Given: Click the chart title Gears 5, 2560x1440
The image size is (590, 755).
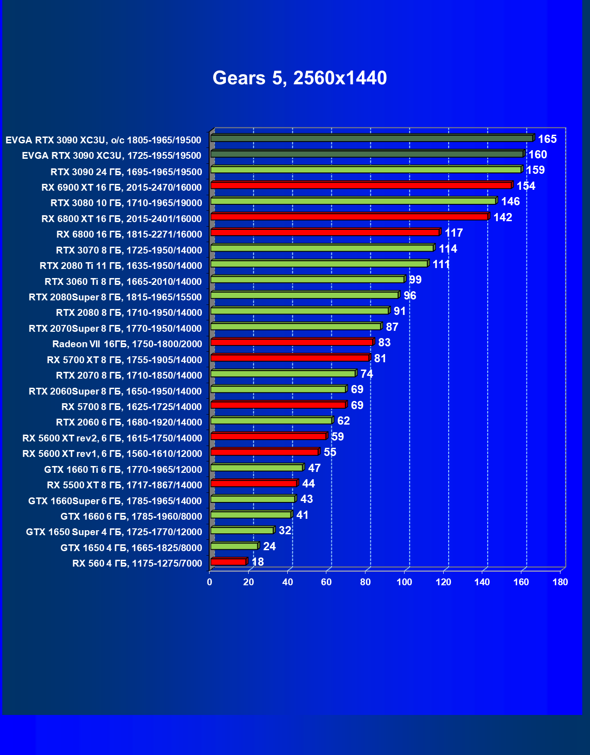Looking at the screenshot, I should point(300,78).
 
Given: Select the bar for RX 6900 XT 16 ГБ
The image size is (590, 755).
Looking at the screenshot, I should point(361,185).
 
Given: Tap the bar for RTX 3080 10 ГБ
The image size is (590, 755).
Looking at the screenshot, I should point(353,201).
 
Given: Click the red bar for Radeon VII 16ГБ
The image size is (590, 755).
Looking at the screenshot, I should point(291,342).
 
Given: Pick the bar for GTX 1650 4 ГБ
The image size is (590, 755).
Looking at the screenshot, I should point(234,546).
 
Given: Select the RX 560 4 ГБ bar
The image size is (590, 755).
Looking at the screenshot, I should point(228,562).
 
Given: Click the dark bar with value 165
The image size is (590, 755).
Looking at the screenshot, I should point(371,138).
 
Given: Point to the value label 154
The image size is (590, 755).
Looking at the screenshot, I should point(526,186).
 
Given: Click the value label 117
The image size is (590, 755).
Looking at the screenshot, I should point(454,233).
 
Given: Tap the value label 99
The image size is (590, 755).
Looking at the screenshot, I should point(415,280).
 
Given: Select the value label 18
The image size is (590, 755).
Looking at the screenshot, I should point(258,562).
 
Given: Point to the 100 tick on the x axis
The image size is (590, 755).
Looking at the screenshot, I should point(404,582).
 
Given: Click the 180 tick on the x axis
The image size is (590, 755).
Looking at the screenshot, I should point(560,582).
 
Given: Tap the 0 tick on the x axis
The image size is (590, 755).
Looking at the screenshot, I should point(210,582).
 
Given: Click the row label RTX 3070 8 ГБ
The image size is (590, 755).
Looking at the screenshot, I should point(129,250).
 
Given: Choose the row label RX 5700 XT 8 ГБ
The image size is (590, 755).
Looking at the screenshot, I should point(125,360).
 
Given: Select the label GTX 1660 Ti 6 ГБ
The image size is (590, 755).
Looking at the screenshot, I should point(123,470).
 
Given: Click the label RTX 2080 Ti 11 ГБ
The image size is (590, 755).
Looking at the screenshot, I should point(121,266).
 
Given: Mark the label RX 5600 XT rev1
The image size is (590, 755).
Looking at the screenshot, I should point(112,454).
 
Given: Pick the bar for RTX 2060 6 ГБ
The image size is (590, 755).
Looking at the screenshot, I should point(271,421).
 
